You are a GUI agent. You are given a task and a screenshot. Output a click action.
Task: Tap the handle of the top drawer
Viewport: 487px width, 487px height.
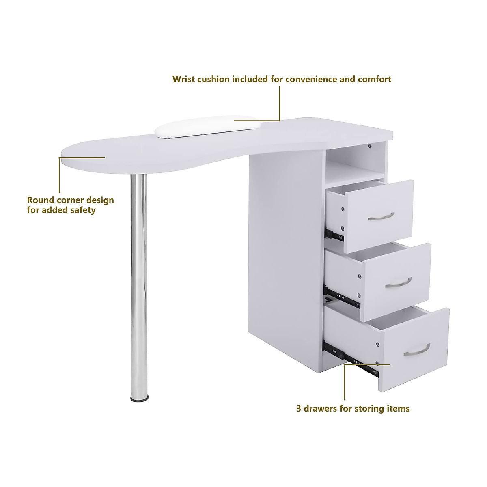click(x=381, y=216)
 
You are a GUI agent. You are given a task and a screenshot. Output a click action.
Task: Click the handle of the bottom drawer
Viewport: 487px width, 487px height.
click(x=417, y=350)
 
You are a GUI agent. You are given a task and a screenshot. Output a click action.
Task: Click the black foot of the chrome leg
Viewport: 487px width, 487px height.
click(x=139, y=399)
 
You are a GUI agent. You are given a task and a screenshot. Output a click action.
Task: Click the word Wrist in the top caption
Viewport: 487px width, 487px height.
click(x=183, y=79)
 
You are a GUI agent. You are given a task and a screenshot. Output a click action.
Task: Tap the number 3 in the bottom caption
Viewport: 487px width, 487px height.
click(x=299, y=409)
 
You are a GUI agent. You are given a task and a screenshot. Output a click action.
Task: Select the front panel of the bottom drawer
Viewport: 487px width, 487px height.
click(x=414, y=349)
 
